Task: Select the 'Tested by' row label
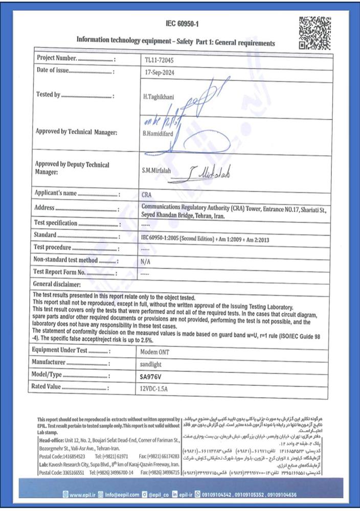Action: click(49, 95)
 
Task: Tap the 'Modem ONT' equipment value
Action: click(154, 352)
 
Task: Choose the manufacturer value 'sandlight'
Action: click(151, 364)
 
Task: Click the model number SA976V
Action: click(152, 376)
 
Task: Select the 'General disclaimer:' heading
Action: click(57, 284)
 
